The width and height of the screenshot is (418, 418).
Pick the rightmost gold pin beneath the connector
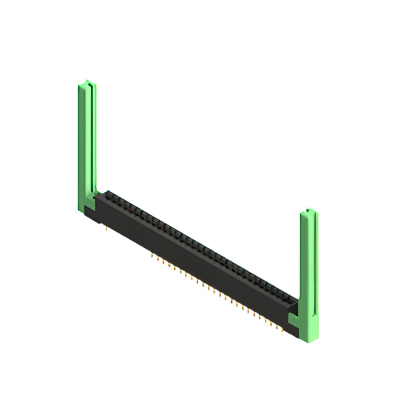pyautogui.click(x=282, y=330)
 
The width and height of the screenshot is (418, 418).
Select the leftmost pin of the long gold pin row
pyautogui.click(x=152, y=255)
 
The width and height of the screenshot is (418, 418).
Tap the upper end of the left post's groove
pyautogui.click(x=90, y=88)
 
